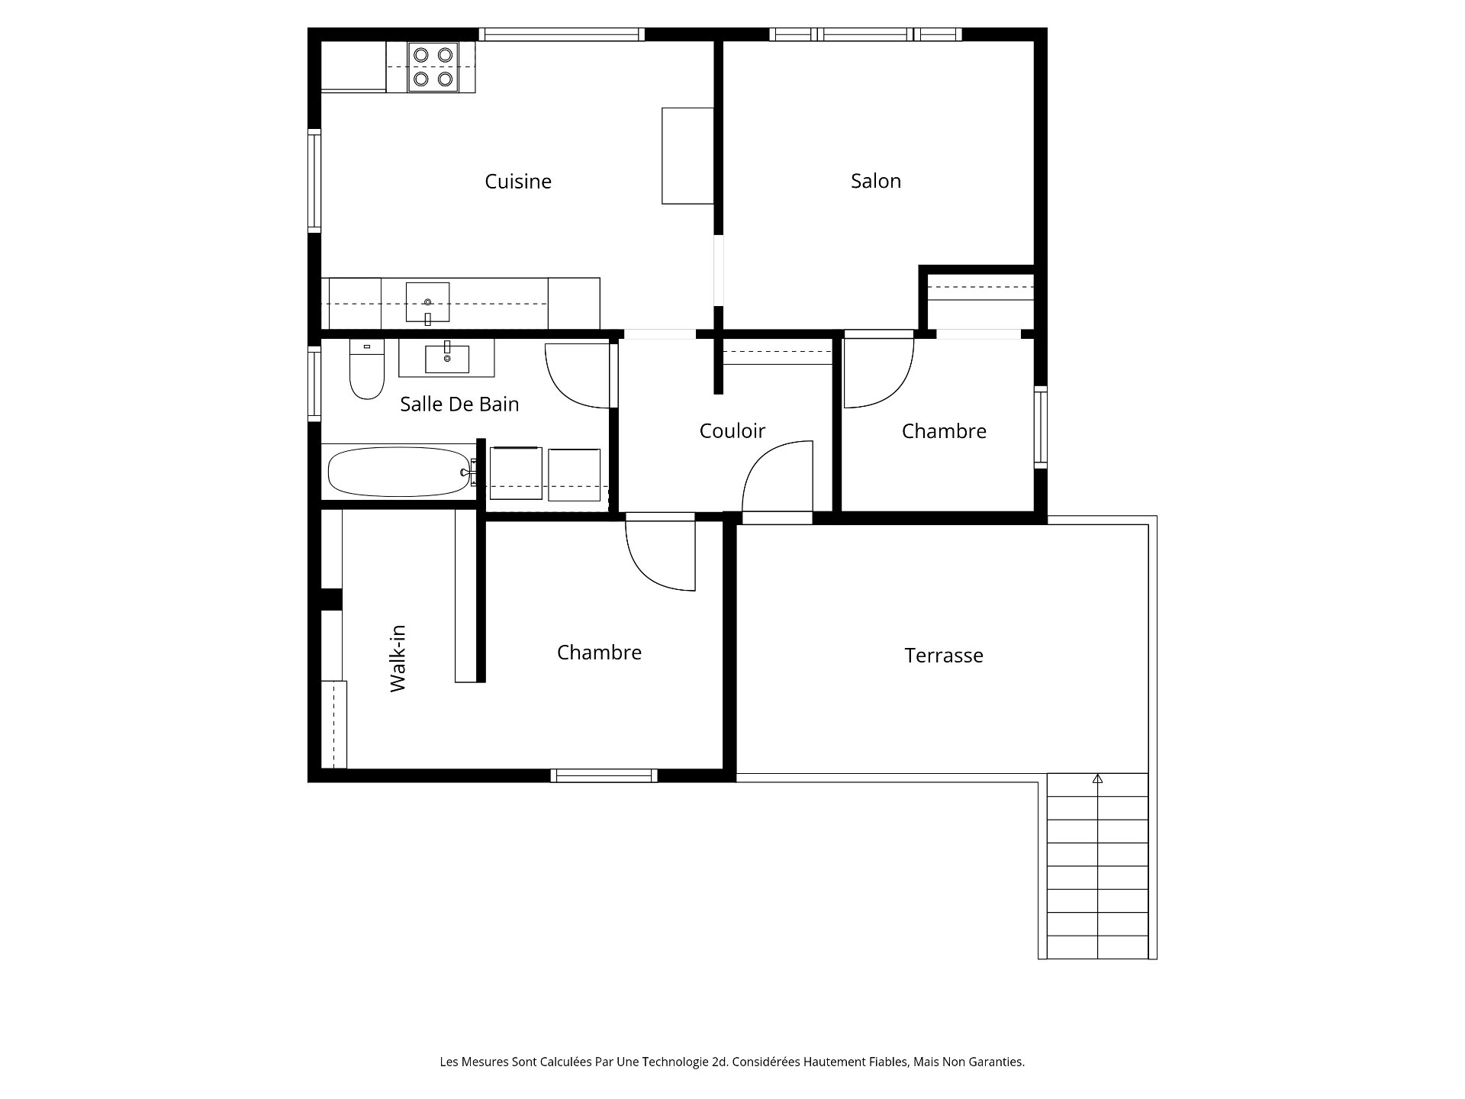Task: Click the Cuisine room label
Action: [x=518, y=182]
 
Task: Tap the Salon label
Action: [x=876, y=181]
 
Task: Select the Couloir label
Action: [x=732, y=431]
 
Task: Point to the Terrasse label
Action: [x=944, y=656]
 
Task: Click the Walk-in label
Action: [x=398, y=658]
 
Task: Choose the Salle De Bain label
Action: [x=459, y=404]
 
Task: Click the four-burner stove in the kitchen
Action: [x=433, y=67]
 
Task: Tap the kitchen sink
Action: [x=427, y=303]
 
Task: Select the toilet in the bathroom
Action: [x=367, y=369]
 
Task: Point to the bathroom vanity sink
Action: [x=447, y=358]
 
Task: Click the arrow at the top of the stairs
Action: [x=1098, y=779]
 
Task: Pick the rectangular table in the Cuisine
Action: [x=687, y=156]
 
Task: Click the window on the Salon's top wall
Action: [x=865, y=34]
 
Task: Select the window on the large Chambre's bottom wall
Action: [x=604, y=776]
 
